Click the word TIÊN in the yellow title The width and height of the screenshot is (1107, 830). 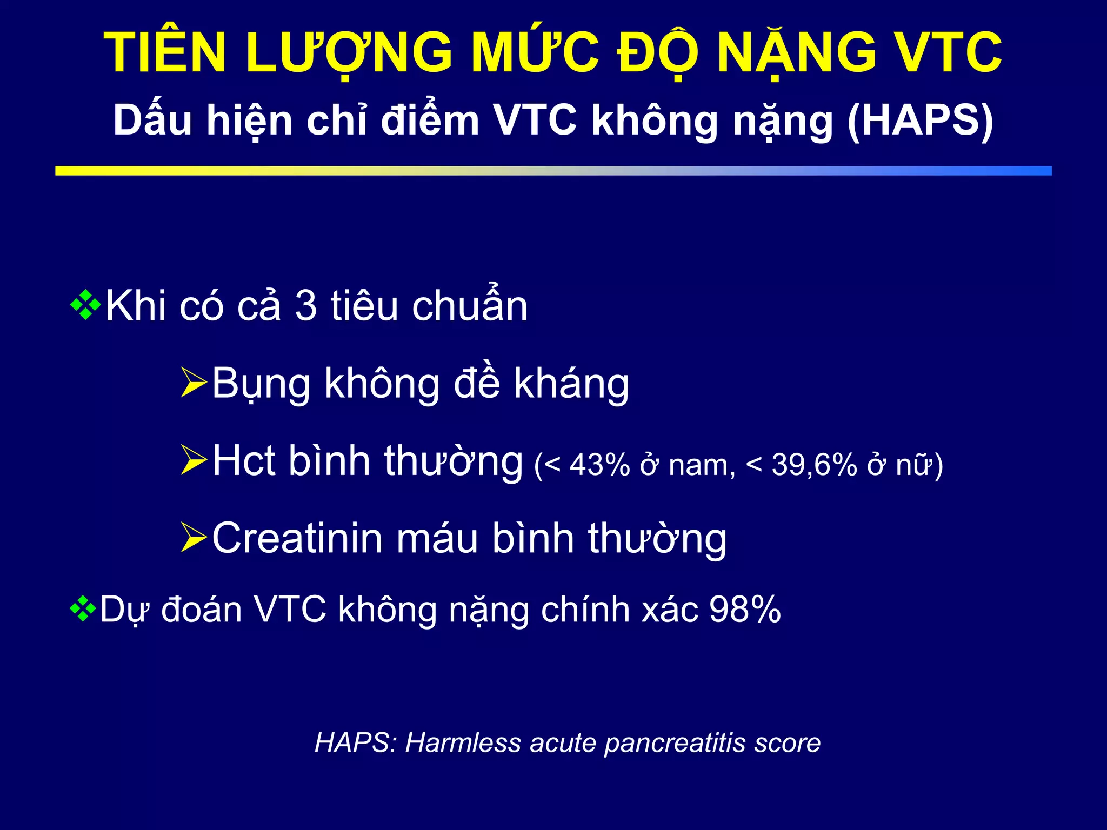165,53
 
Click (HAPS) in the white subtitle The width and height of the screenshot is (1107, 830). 920,120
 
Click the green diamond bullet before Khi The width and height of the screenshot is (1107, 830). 85,305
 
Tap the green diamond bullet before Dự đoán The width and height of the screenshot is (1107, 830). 83,609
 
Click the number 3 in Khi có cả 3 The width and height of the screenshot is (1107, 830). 306,306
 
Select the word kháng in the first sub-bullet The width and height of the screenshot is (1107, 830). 571,384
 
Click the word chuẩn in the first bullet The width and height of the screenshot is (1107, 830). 469,306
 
